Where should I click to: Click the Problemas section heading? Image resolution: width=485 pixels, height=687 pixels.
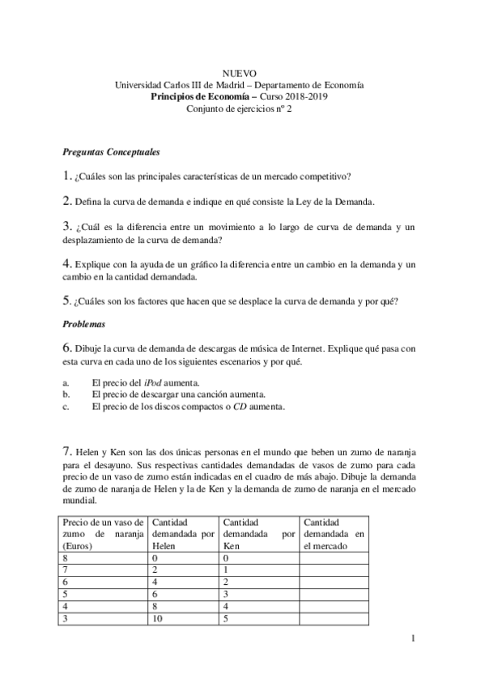point(85,323)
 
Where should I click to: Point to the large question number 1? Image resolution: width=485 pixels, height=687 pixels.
point(66,175)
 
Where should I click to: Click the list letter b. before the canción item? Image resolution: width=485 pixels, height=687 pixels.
point(66,394)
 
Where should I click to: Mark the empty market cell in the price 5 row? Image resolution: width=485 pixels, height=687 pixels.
point(333,594)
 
